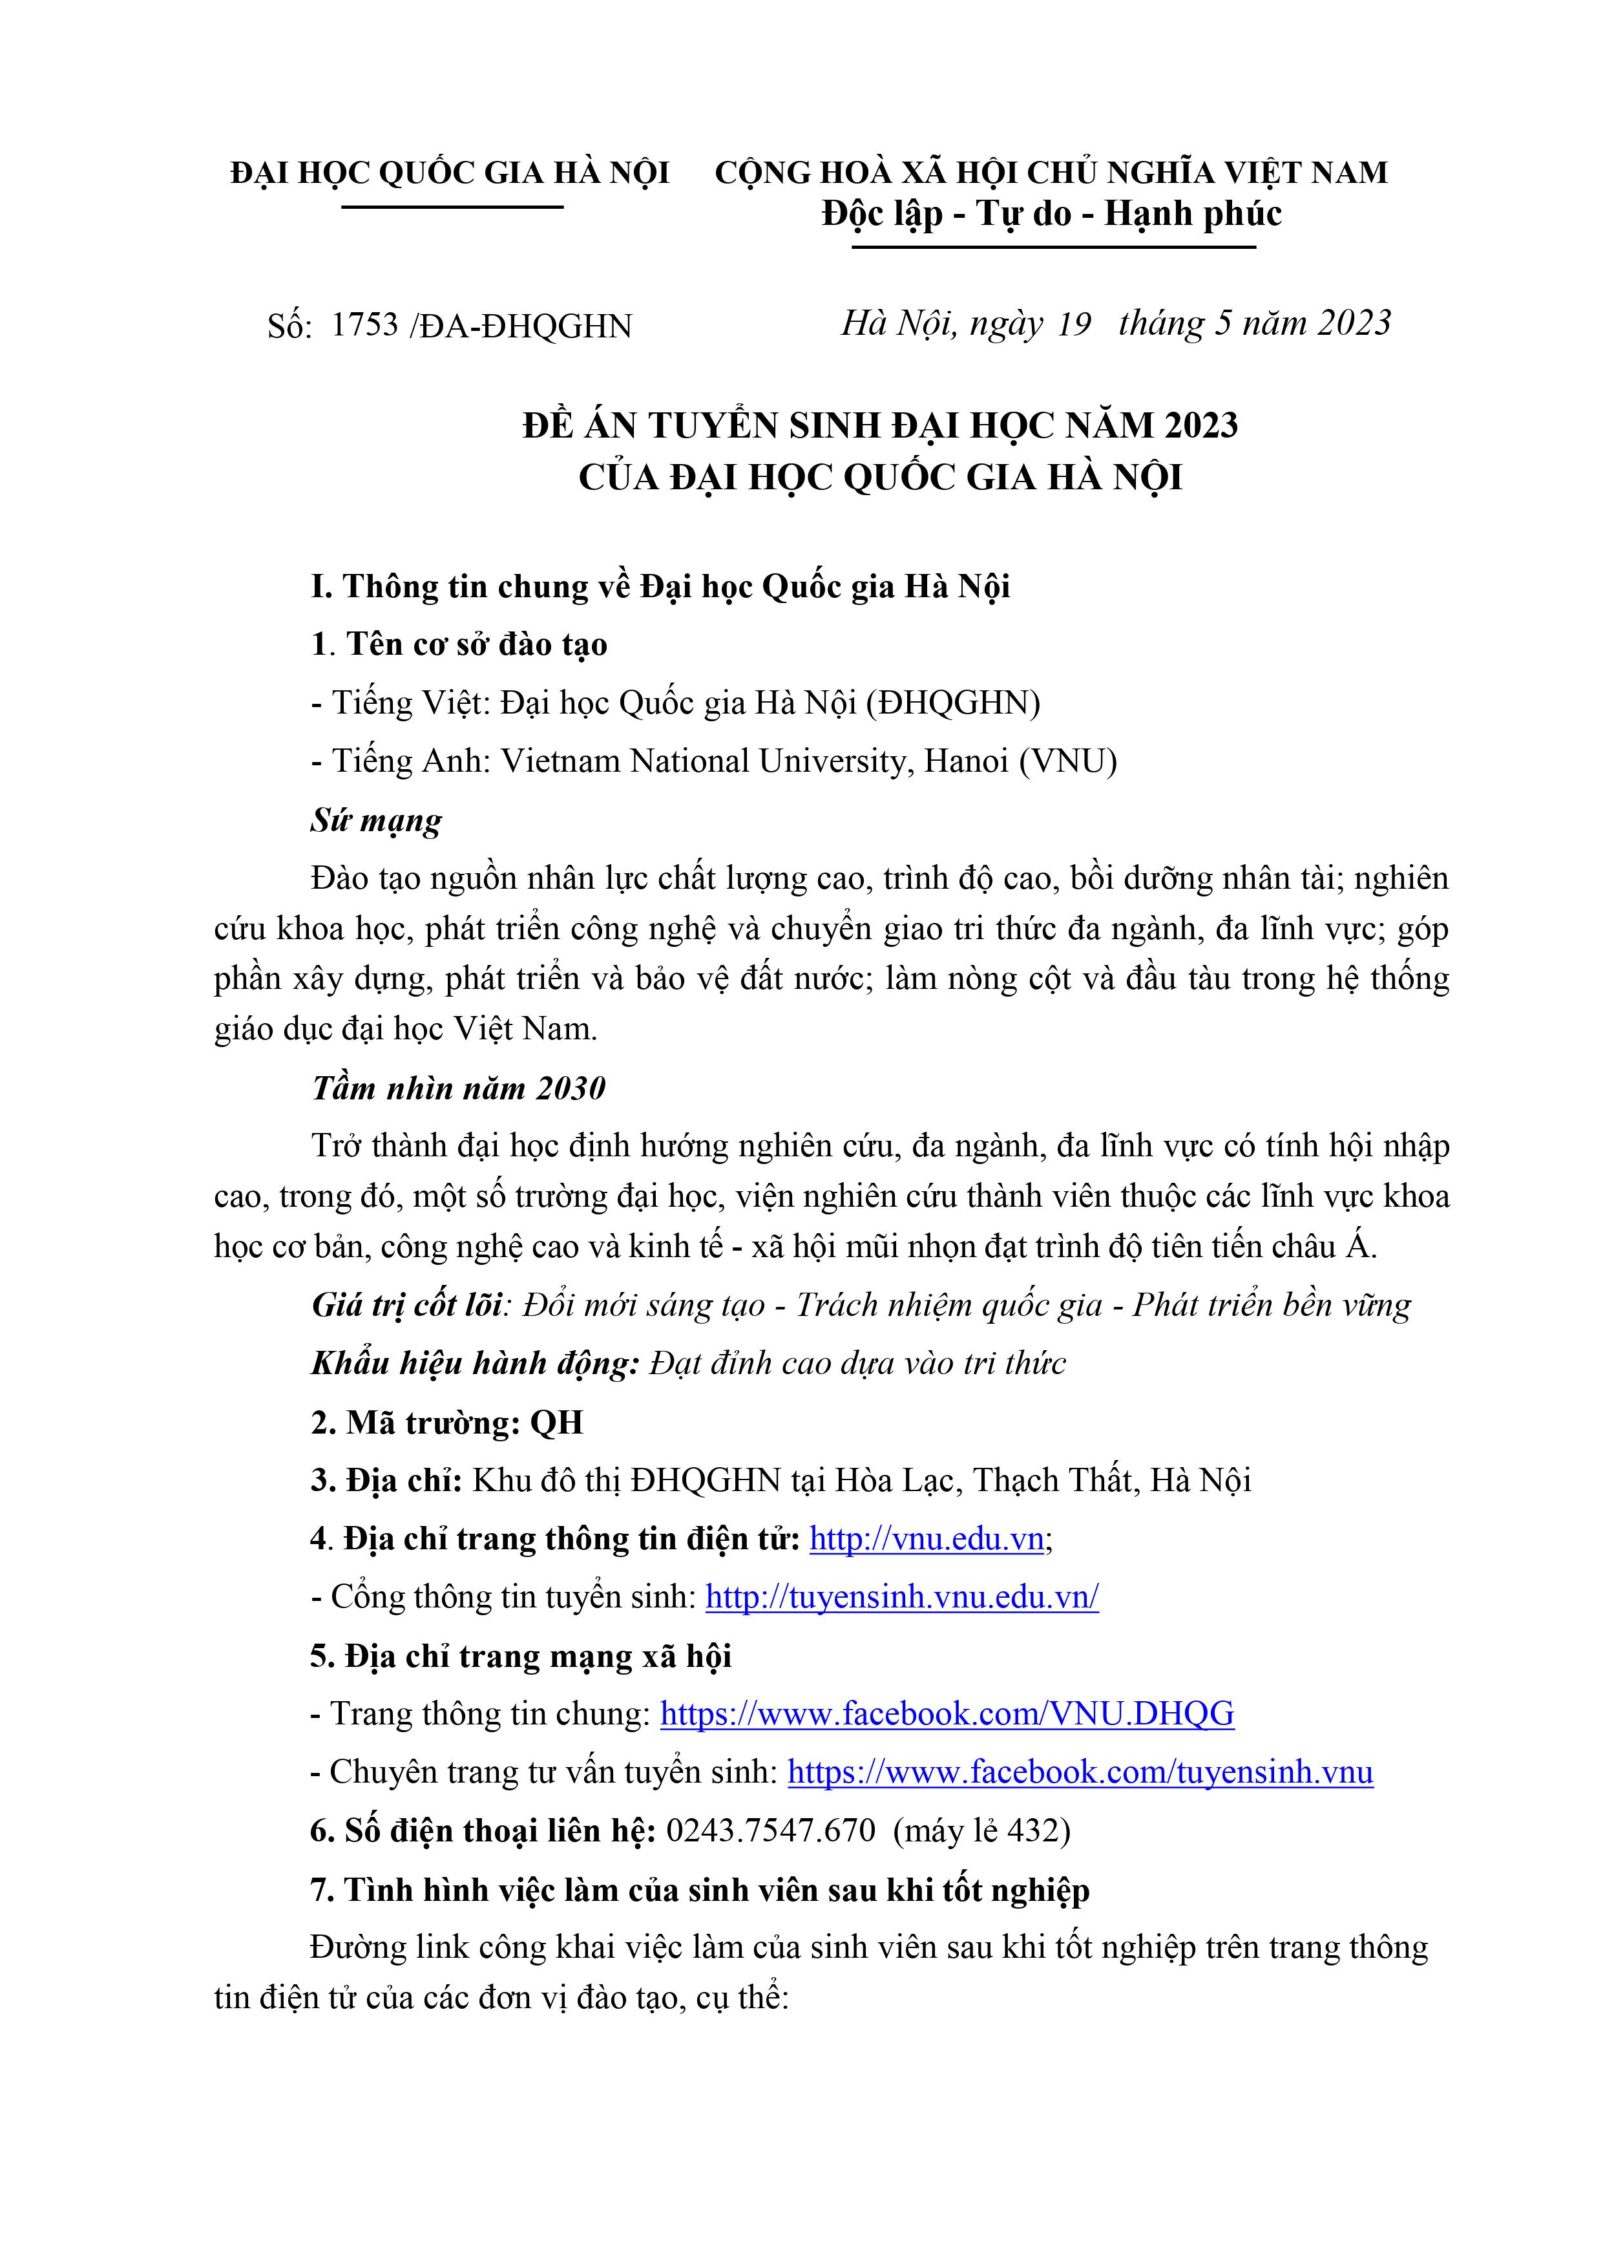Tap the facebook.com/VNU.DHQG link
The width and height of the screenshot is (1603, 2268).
point(946,1714)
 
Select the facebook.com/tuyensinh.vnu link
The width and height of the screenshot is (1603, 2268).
point(1080,1772)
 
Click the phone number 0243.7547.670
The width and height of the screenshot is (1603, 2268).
point(770,1830)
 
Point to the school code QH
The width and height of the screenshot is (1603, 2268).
point(557,1423)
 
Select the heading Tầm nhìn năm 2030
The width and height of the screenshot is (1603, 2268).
point(458,1088)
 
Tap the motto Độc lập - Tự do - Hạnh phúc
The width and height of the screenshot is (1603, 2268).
point(1052,215)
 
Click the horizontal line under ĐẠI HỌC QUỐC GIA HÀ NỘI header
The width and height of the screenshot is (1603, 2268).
point(452,206)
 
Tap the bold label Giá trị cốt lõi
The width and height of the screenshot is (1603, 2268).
point(408,1305)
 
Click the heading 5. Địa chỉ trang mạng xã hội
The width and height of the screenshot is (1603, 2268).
point(521,1655)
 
